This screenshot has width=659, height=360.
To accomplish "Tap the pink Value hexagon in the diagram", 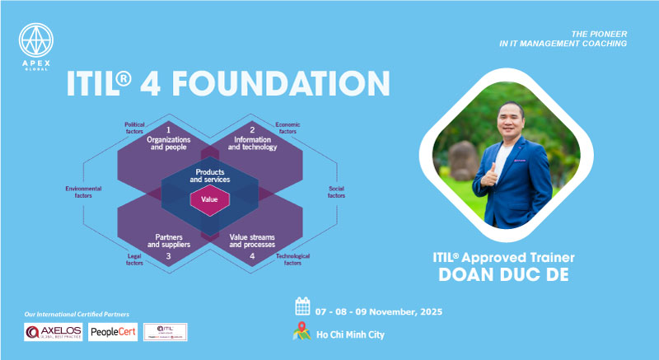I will (209, 199).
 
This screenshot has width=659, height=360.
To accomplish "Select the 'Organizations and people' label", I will (169, 143).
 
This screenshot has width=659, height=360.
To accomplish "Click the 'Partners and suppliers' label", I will (169, 241).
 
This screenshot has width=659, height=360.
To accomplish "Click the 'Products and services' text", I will (210, 175).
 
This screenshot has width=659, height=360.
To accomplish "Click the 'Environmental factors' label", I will (84, 192).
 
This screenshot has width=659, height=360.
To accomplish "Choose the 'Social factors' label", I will (337, 192).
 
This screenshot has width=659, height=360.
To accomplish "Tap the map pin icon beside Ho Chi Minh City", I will (302, 333).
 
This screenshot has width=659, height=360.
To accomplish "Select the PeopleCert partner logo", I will (115, 332).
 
